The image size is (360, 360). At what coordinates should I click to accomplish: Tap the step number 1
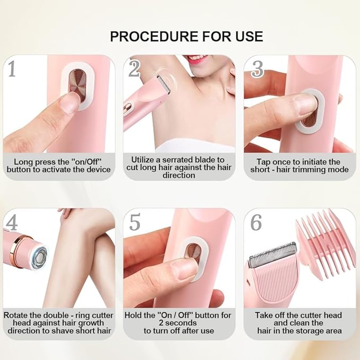[x=11, y=68]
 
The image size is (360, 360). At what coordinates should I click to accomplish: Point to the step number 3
[x=258, y=68]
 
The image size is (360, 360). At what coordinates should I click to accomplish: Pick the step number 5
[x=135, y=223]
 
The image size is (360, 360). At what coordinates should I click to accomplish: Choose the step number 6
[x=256, y=223]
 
